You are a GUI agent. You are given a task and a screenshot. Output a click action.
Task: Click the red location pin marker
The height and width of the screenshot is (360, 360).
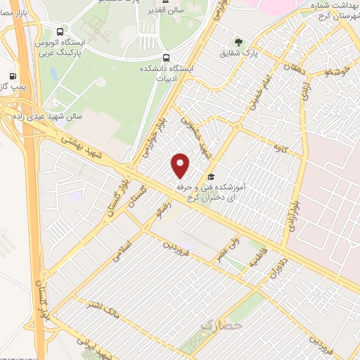tap(181, 165)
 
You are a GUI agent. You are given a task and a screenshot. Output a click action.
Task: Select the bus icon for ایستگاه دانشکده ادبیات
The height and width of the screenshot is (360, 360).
tap(165, 58)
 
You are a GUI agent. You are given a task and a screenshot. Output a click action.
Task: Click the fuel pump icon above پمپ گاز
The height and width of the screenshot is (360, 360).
tap(12, 75)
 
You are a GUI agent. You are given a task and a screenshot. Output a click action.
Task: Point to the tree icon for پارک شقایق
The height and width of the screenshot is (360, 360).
tap(238, 42)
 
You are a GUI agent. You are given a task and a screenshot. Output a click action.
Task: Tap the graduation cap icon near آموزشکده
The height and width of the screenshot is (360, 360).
tap(210, 177)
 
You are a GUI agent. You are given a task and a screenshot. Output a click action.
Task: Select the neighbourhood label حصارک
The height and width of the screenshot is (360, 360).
tap(221, 326)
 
